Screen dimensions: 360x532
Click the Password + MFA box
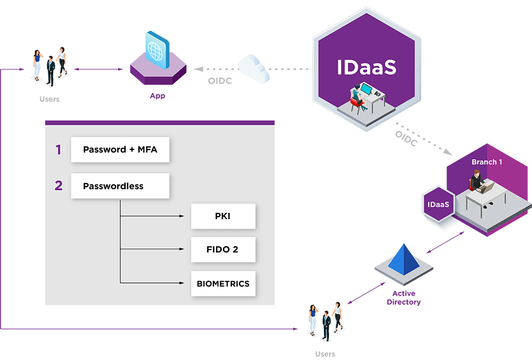(x=120, y=149)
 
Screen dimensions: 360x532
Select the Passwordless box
(x=120, y=186)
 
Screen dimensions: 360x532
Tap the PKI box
(x=223, y=216)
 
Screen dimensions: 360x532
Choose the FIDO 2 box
(x=223, y=249)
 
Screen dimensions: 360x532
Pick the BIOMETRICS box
(x=223, y=283)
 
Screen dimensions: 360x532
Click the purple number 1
(x=59, y=150)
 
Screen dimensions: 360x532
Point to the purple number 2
(x=59, y=186)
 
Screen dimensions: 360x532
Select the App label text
(x=157, y=96)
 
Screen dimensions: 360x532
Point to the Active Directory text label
(x=404, y=298)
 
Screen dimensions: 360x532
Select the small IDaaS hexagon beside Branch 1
(x=438, y=204)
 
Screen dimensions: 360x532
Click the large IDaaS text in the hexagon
(x=367, y=68)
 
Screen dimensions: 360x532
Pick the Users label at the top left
(x=49, y=99)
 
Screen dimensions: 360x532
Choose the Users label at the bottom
(x=325, y=354)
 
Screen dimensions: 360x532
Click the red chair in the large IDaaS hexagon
(x=361, y=105)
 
